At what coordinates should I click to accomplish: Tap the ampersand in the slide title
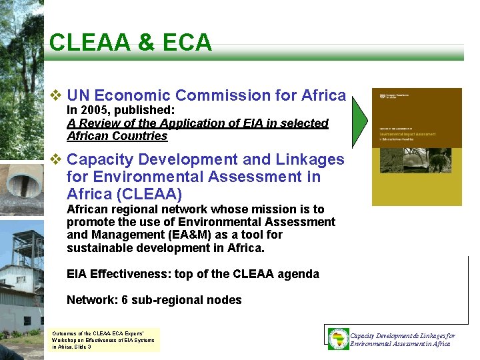point(146,43)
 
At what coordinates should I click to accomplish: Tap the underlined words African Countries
point(117,136)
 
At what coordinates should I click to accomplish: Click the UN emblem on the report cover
point(382,97)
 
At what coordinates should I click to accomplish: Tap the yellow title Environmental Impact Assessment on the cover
point(407,134)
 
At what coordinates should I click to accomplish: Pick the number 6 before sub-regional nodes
point(123,300)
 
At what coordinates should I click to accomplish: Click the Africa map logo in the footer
point(339,338)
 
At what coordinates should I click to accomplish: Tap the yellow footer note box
point(105,339)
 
